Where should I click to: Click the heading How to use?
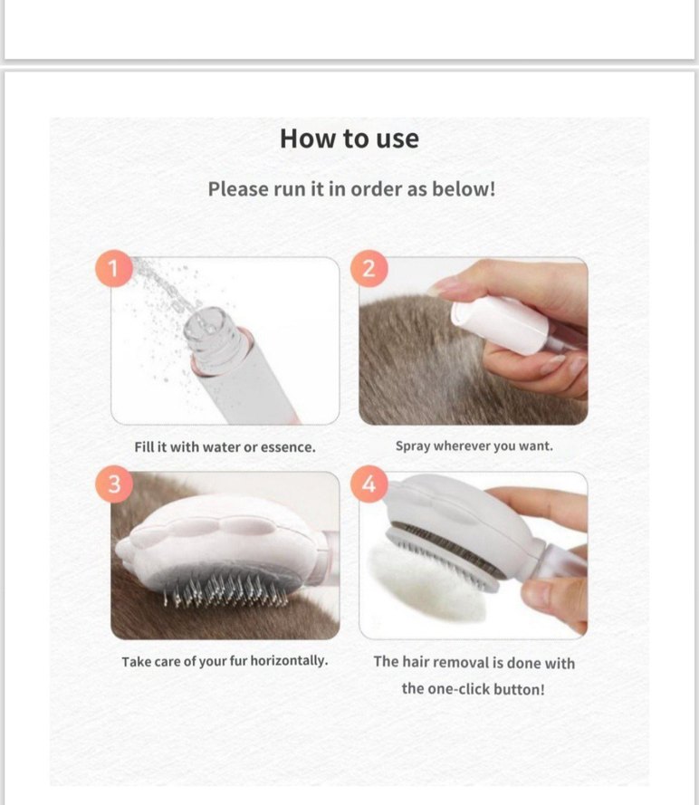click(349, 139)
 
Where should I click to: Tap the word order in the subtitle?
click(377, 189)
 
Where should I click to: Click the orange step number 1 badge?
click(114, 268)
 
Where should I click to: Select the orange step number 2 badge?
click(369, 268)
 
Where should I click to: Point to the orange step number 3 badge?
click(114, 484)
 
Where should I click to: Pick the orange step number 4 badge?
click(369, 484)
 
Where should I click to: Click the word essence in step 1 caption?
click(288, 447)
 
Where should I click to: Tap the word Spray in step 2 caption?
click(413, 446)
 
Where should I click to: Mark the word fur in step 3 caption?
click(238, 661)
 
